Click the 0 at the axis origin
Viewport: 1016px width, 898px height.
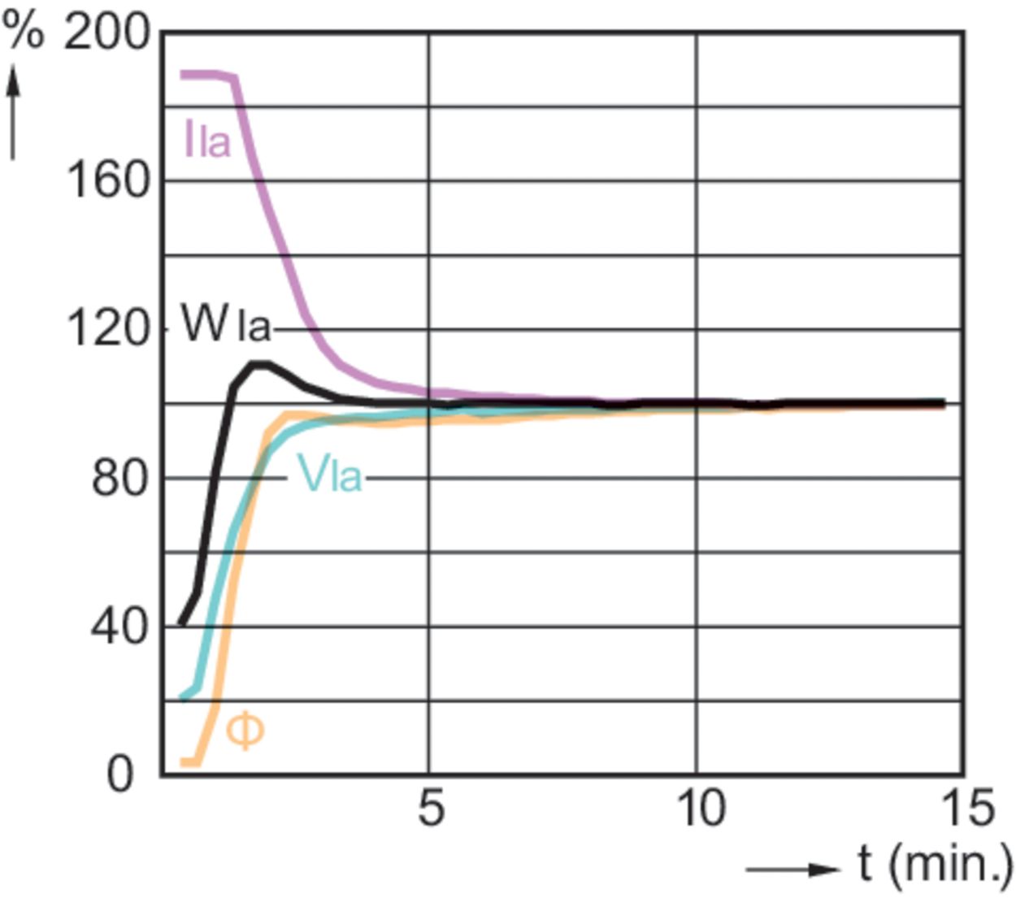pos(119,774)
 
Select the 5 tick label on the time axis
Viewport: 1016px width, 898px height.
pos(431,809)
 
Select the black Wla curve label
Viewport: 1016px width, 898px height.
pos(224,324)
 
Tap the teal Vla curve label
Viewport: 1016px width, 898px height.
pos(330,474)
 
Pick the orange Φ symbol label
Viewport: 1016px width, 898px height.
pos(245,731)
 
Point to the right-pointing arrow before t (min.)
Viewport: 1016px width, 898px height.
pos(792,870)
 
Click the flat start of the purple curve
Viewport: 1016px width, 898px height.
pos(200,75)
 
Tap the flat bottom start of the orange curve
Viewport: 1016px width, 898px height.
pos(189,761)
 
